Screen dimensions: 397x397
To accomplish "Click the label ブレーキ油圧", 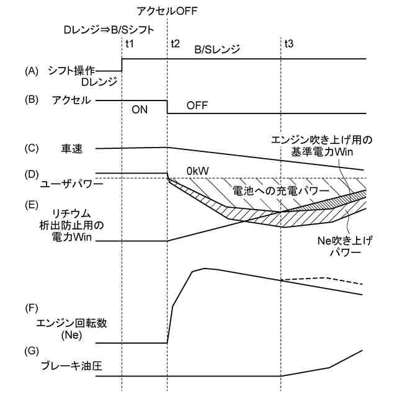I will coord(72,366).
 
